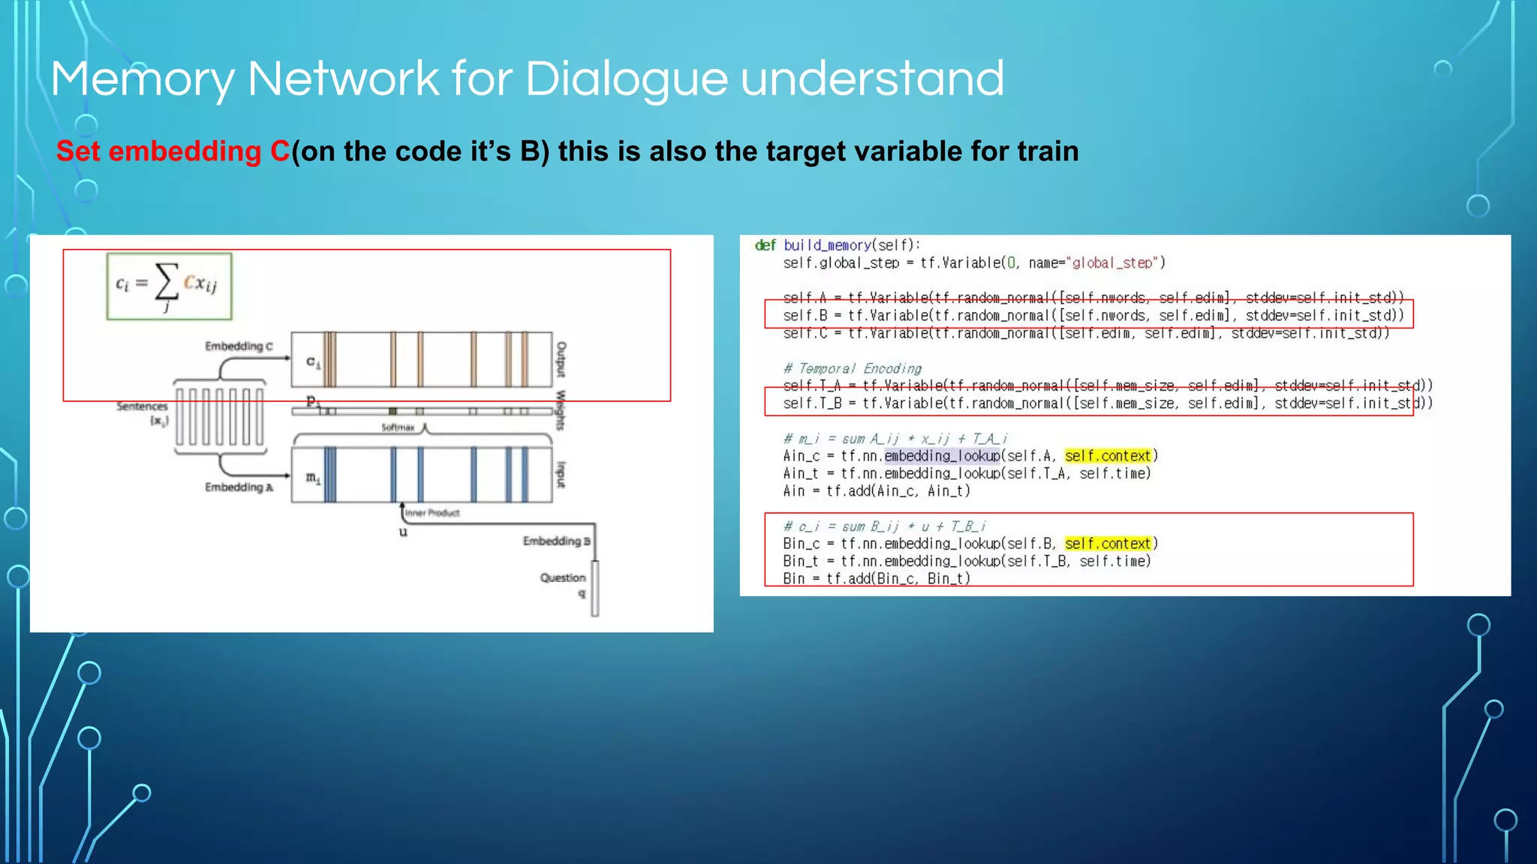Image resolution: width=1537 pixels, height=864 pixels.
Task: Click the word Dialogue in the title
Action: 626,79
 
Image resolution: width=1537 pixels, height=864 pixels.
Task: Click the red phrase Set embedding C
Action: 173,151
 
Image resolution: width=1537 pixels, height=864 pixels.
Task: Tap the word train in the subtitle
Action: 1048,151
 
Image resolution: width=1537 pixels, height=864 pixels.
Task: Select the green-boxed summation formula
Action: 169,286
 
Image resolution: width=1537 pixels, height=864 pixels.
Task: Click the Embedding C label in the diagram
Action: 239,346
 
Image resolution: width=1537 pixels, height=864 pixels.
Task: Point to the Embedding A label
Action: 239,487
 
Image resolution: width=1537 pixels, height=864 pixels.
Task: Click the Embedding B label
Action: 556,541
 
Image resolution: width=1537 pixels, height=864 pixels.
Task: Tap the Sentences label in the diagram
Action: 142,406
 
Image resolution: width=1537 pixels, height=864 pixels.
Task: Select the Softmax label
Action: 397,427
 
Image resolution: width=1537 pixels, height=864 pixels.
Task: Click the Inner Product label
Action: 432,513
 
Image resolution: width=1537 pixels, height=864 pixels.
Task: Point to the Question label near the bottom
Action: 562,577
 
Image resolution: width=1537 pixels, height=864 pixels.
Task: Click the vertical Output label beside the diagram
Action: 561,359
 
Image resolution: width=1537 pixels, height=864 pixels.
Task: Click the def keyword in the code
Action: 765,245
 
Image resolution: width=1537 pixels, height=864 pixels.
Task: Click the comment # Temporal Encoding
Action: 852,368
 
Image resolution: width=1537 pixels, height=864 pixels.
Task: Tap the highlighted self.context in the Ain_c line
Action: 1107,456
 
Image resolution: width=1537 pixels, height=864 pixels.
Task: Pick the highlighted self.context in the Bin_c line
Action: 1107,544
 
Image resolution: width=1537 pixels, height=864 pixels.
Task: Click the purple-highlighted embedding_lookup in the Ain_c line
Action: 942,456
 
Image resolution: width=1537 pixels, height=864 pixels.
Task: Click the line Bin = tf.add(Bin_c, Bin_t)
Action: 876,578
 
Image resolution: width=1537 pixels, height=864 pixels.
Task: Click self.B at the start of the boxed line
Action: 805,316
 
